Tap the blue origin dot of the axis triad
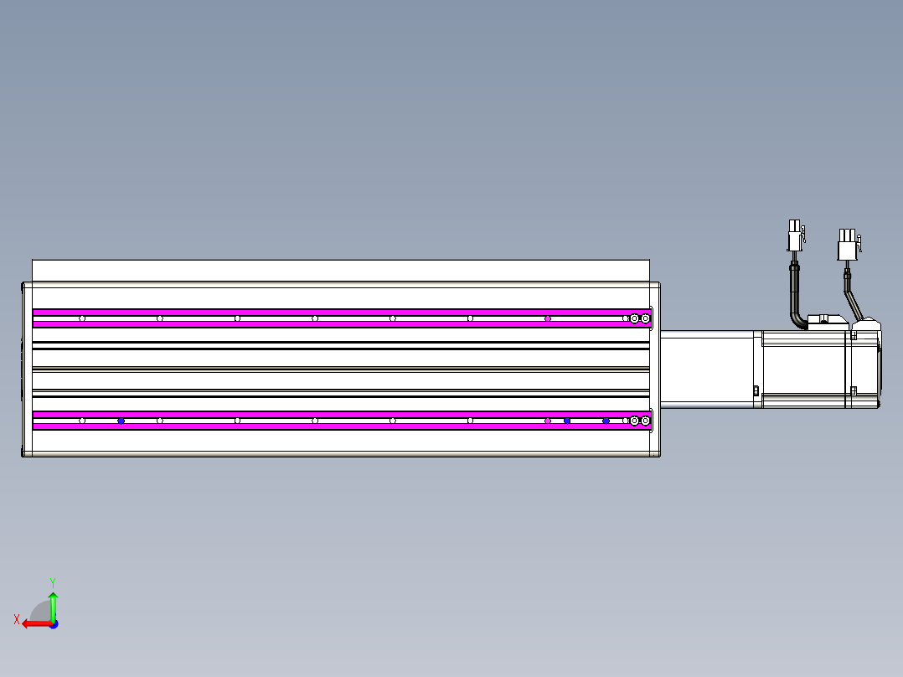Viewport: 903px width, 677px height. click(x=53, y=624)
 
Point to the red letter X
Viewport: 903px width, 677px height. click(x=16, y=619)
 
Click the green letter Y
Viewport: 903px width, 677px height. click(x=52, y=581)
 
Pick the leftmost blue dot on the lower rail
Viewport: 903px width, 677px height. click(x=121, y=421)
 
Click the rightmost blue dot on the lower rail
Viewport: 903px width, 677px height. click(x=606, y=421)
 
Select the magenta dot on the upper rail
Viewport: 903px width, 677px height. click(x=548, y=318)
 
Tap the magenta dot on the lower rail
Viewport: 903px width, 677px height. click(x=548, y=421)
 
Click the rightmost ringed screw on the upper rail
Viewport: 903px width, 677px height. click(x=645, y=318)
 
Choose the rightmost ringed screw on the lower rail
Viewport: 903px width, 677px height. click(x=645, y=421)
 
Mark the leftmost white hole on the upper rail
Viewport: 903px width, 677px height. click(x=82, y=318)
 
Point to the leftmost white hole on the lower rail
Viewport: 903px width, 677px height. click(x=82, y=421)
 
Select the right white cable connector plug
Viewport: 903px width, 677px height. click(x=847, y=246)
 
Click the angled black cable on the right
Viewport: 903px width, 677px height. click(x=853, y=297)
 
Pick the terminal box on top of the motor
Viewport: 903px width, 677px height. click(x=825, y=322)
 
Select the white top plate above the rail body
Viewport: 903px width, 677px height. click(x=340, y=270)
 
